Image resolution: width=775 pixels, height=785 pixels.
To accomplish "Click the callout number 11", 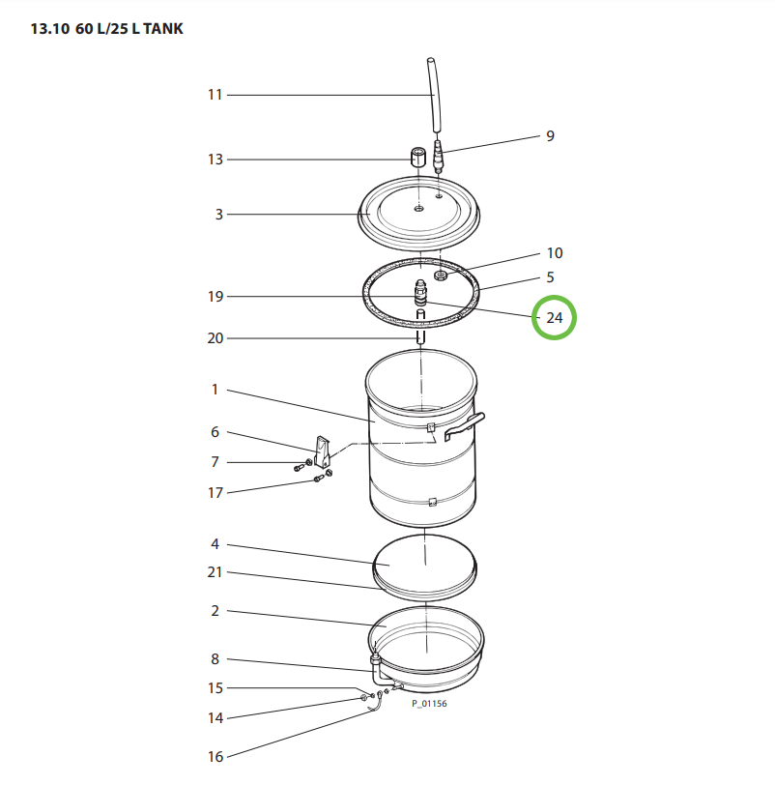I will pos(215,95).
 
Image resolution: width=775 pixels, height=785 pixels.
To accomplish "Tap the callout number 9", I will pos(550,136).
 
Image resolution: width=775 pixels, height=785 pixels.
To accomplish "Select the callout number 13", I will pos(215,160).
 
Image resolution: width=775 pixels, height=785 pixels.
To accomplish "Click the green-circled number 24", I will pos(555,318).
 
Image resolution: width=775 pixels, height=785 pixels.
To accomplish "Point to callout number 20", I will pos(215,338).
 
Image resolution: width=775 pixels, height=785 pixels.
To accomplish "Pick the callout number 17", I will pos(215,493).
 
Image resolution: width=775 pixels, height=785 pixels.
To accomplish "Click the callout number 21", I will pos(215,572).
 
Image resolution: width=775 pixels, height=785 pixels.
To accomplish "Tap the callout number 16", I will pos(215,757).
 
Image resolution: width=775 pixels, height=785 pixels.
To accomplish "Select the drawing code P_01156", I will pos(429,704).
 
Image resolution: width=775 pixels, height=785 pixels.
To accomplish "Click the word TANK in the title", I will pos(160,29).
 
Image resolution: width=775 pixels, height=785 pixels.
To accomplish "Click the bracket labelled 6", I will pos(323,449).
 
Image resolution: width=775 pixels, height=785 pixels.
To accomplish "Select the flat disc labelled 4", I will pos(423,560).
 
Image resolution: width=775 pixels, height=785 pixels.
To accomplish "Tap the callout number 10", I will pos(554,253).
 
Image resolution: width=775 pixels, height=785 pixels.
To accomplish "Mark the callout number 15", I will pos(215,688).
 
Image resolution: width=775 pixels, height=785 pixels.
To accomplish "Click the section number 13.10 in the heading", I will pos(49,29).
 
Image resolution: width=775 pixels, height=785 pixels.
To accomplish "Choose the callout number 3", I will pos(219,215).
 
